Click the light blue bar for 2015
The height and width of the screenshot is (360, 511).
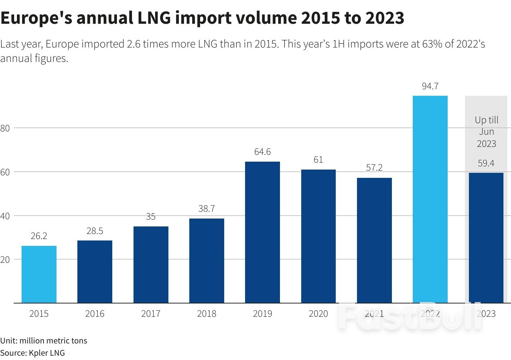click(39, 274)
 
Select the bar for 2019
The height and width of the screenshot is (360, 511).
click(262, 232)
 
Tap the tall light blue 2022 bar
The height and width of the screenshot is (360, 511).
click(430, 199)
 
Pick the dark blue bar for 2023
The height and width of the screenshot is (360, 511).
click(486, 238)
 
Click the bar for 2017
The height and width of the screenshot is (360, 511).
click(151, 265)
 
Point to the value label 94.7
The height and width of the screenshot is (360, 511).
click(430, 86)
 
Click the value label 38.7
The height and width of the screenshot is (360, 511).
click(207, 209)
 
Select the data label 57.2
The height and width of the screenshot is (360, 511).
click(374, 168)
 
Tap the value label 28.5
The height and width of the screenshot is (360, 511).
click(95, 231)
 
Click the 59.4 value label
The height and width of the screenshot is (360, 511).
click(486, 163)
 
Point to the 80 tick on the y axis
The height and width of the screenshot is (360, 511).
click(5, 128)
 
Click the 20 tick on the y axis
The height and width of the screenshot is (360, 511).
click(5, 260)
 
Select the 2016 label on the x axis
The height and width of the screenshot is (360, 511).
click(95, 314)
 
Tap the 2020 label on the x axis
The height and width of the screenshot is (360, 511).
click(318, 314)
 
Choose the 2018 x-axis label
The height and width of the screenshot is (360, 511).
click(207, 314)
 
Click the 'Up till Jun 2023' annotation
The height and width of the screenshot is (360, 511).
click(487, 132)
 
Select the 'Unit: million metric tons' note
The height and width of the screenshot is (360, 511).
click(44, 341)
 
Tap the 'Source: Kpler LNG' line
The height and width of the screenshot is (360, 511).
click(32, 353)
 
